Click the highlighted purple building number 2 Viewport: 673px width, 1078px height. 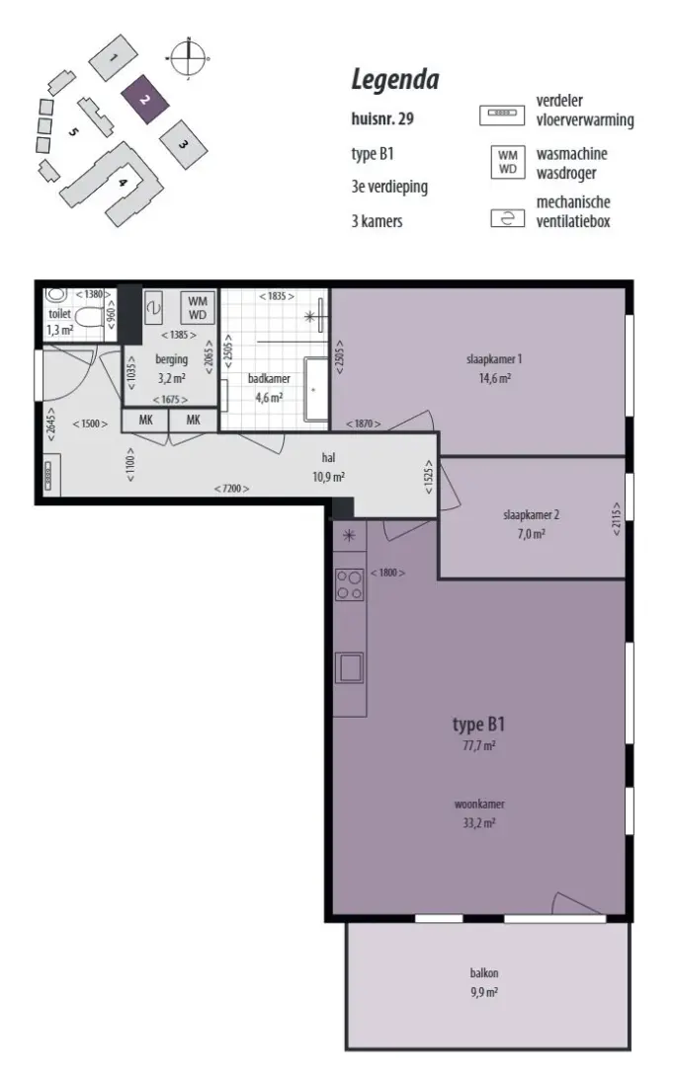(x=144, y=99)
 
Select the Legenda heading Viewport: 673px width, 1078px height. (x=395, y=80)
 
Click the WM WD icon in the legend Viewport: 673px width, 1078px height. (x=508, y=162)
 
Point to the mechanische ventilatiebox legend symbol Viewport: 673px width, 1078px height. (x=508, y=218)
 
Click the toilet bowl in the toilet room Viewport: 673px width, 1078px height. (x=89, y=318)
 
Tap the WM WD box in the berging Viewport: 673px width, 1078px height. (x=198, y=308)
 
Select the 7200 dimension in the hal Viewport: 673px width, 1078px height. (x=231, y=488)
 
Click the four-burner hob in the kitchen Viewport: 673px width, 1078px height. (x=349, y=585)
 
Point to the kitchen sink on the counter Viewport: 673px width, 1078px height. (x=349, y=667)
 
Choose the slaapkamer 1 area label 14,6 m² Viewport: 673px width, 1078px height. (x=494, y=378)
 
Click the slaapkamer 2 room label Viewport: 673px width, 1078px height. (x=531, y=515)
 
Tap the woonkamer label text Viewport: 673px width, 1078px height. (x=479, y=804)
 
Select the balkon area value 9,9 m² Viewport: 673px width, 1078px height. (x=484, y=992)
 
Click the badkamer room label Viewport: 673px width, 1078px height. (x=269, y=379)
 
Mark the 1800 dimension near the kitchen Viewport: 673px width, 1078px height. (x=387, y=573)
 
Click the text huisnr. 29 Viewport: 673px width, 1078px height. (x=382, y=118)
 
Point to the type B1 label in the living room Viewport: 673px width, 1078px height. (x=479, y=724)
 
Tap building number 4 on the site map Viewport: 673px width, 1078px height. (x=123, y=183)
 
